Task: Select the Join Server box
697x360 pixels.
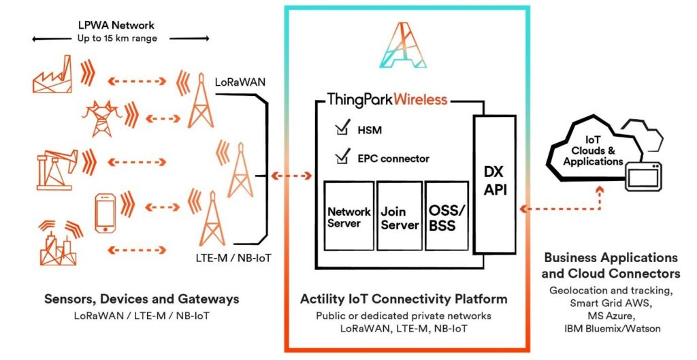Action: point(399,216)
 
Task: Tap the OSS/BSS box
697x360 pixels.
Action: point(447,216)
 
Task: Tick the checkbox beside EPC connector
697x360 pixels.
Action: point(342,157)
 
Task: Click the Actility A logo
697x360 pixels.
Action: point(403,45)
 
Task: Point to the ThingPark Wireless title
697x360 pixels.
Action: point(387,99)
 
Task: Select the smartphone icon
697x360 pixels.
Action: point(106,214)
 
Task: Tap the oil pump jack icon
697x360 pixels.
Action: point(57,169)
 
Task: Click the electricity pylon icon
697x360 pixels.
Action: point(101,118)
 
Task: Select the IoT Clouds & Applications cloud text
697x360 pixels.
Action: point(594,151)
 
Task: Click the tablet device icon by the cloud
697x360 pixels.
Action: point(644,176)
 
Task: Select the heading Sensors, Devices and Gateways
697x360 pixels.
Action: point(142,299)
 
